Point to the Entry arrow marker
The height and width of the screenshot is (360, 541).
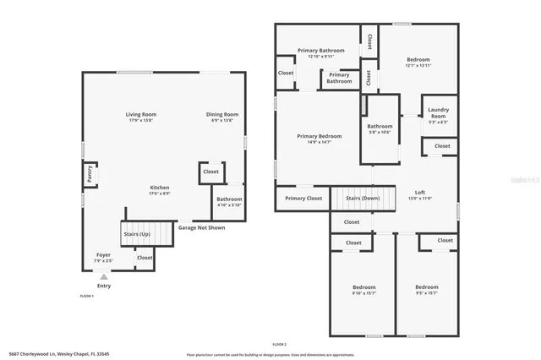coord(104,276)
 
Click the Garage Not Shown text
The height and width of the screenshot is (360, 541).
coord(201,227)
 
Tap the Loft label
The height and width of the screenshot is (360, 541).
coord(420,193)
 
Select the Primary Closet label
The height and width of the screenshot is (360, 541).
coord(303,199)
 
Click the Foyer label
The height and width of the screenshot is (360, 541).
coord(103,254)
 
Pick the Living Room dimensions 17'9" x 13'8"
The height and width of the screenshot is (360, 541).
coord(141,121)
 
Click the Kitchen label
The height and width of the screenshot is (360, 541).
coord(160,188)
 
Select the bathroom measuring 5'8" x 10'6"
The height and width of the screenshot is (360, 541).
coord(380,129)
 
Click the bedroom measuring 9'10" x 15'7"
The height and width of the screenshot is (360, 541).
coord(364,290)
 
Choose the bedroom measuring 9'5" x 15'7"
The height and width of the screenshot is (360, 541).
coord(426,290)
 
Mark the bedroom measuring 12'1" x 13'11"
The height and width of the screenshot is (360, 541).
coord(418,62)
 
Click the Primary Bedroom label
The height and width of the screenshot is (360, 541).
coord(320,139)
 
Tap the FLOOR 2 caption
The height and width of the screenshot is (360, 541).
coord(280,345)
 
